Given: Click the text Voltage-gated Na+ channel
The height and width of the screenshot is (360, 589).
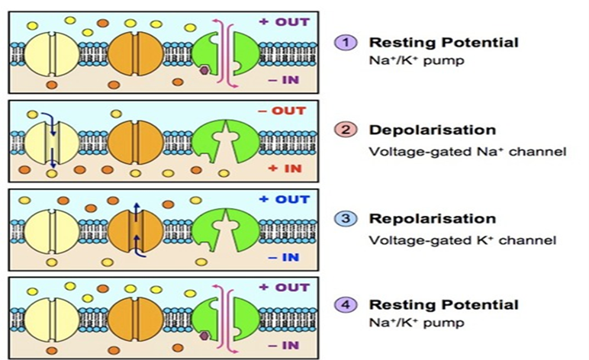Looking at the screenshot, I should point(467,152).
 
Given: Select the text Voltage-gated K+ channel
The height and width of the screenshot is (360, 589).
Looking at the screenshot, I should point(463,240).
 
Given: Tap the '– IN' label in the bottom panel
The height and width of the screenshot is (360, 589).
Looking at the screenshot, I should point(288,345).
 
